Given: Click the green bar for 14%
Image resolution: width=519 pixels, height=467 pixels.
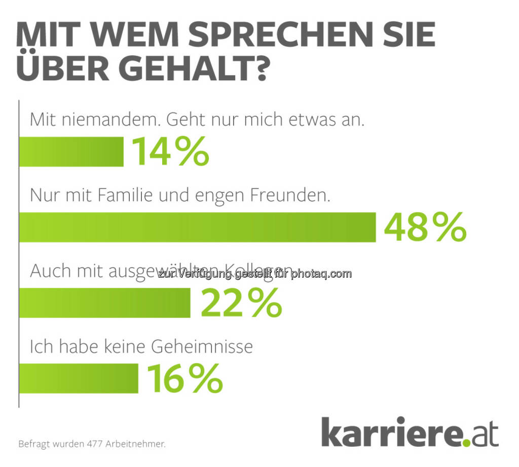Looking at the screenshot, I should tap(71, 152).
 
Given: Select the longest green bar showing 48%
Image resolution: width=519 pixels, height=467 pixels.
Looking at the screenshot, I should tap(197, 227).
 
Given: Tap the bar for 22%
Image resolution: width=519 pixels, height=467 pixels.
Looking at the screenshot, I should tap(104, 303).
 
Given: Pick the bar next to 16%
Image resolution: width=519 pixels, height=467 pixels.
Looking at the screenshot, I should tap(78, 378).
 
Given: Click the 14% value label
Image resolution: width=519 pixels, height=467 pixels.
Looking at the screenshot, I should tap(170, 152).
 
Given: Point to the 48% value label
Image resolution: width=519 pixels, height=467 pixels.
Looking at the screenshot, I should tap(425, 227).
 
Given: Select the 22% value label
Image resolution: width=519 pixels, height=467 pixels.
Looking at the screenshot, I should tap(241, 303).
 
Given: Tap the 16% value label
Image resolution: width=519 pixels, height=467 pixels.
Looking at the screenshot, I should tap(185, 378).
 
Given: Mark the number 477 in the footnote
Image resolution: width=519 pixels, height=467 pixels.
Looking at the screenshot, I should tap(97, 444).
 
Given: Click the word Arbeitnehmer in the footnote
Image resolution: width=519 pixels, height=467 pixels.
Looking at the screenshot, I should tap(136, 444).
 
